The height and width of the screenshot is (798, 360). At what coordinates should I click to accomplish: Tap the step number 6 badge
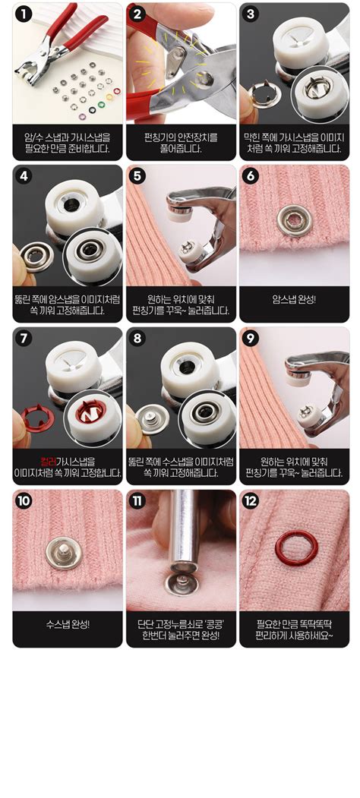251,176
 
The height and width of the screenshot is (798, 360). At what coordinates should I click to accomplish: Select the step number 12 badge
251,500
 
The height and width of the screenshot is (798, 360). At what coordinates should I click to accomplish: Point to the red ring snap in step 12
293,547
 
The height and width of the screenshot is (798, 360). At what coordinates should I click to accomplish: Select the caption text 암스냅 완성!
294,299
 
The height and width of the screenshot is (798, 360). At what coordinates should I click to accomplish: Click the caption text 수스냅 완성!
67,624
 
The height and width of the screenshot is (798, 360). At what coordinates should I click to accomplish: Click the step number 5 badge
137,176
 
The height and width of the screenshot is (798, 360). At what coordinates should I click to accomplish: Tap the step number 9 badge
251,339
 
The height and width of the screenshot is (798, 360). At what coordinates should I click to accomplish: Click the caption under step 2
180,143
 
